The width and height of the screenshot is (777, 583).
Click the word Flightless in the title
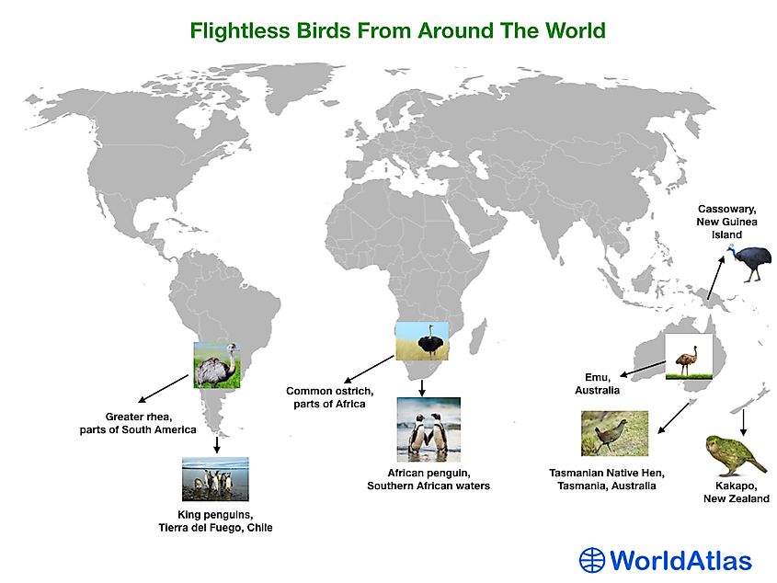tap(240, 30)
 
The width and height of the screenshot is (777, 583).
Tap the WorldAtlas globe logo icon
tap(592, 560)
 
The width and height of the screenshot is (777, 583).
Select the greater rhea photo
tap(217, 365)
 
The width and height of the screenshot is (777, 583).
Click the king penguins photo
tap(215, 479)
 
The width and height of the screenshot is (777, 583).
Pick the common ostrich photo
tap(422, 341)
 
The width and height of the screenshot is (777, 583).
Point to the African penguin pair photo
tap(428, 429)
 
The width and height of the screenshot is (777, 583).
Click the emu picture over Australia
tap(689, 357)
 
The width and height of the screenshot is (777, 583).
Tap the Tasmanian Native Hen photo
tap(614, 433)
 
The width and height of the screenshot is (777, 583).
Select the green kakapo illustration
tap(735, 455)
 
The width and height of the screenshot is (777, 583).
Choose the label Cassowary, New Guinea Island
tap(727, 222)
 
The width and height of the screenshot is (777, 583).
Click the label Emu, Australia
tap(597, 383)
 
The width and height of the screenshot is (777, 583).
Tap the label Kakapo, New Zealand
tap(737, 492)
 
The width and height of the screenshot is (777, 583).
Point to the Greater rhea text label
tap(138, 423)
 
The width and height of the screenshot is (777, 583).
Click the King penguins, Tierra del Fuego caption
tap(215, 521)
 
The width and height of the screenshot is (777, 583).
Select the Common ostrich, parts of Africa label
tap(329, 397)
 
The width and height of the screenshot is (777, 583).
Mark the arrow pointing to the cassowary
tap(715, 278)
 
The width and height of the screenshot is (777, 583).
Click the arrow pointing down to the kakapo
tap(743, 423)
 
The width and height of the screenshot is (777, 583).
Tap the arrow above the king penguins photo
tap(217, 445)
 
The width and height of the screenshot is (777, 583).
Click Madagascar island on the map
tap(479, 335)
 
